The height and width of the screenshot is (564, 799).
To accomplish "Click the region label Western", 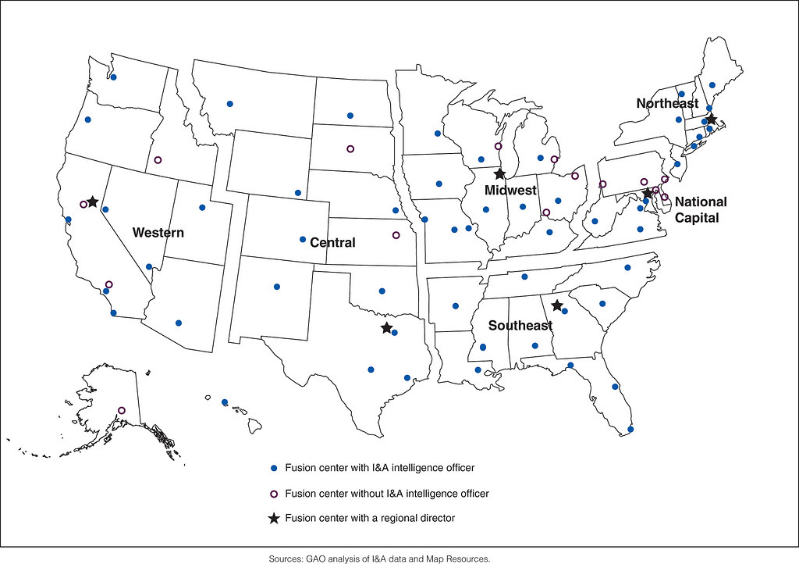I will [x=158, y=233].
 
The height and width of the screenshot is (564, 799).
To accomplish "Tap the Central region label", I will [x=332, y=243].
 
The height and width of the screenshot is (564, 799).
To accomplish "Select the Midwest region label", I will [x=510, y=191].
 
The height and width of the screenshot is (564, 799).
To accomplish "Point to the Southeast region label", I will [x=520, y=325].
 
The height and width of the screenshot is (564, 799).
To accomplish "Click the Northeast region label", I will [x=667, y=104].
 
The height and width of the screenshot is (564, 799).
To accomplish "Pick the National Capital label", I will [x=700, y=210].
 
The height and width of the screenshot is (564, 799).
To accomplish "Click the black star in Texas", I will [x=387, y=328].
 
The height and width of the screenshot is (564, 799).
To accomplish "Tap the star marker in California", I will [x=92, y=202].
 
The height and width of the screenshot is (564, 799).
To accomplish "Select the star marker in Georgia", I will [x=556, y=305].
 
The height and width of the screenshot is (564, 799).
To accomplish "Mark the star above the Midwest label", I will [x=499, y=173].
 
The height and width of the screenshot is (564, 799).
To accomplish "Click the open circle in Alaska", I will [x=121, y=410].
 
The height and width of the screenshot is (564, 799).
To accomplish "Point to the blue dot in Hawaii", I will [x=225, y=402].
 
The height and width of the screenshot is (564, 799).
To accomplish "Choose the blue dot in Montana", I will [x=229, y=103].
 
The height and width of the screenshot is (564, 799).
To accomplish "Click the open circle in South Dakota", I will [x=350, y=148].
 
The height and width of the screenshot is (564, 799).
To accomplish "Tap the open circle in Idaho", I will [x=158, y=159].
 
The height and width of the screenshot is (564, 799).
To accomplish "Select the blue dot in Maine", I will [x=712, y=84].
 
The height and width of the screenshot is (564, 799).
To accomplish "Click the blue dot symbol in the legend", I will [x=273, y=468].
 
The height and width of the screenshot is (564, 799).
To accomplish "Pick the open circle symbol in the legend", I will [x=273, y=494].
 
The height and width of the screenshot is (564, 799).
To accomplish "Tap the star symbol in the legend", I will [x=273, y=518].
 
